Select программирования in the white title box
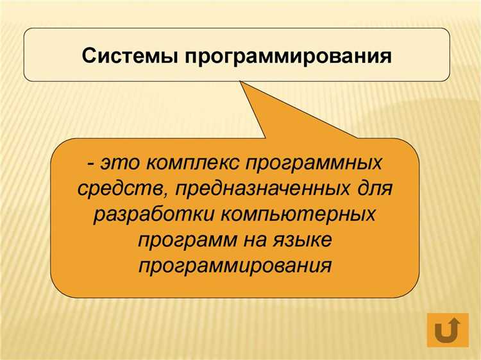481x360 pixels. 289,56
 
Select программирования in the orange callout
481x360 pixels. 235,265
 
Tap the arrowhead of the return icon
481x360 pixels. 453,322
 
